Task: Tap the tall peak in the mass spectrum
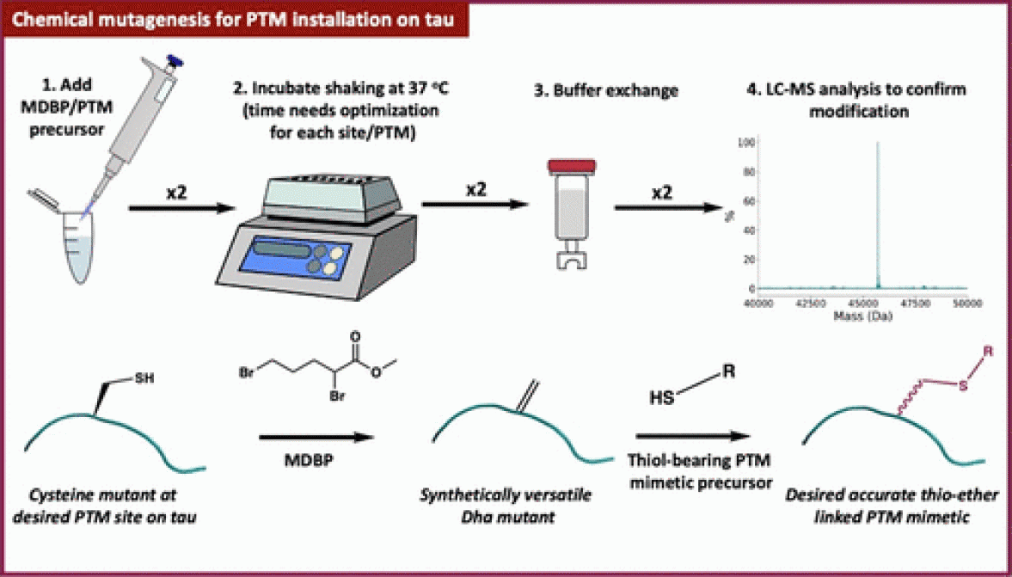878,215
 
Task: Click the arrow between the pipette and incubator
181,207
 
